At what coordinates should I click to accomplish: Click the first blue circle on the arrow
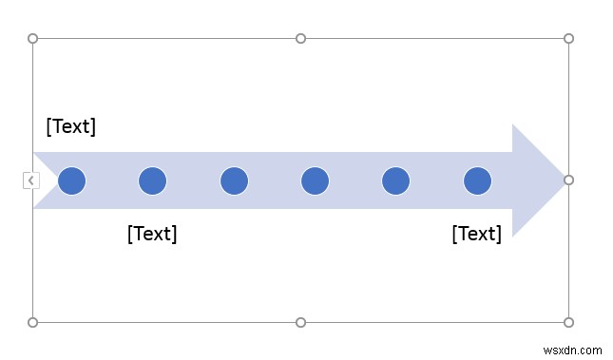(71, 180)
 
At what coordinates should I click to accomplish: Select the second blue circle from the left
(152, 180)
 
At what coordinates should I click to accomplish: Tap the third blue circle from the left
(234, 180)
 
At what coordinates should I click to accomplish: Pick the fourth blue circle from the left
(315, 180)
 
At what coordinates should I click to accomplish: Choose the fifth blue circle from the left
(395, 180)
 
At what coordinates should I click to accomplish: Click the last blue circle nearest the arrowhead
(477, 180)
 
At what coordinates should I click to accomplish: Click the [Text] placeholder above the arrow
(71, 126)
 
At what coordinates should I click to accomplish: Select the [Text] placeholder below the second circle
(152, 234)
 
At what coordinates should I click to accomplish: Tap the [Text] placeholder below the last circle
(476, 234)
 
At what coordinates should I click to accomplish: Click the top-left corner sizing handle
(33, 39)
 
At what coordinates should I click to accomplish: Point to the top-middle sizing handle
(300, 39)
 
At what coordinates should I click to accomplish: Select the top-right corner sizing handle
(568, 39)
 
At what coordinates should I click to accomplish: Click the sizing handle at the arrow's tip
(568, 180)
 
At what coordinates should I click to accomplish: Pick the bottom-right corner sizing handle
(568, 322)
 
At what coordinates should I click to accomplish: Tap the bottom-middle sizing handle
(300, 322)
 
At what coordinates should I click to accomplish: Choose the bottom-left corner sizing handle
(33, 322)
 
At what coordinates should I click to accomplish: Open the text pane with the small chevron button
(30, 180)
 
